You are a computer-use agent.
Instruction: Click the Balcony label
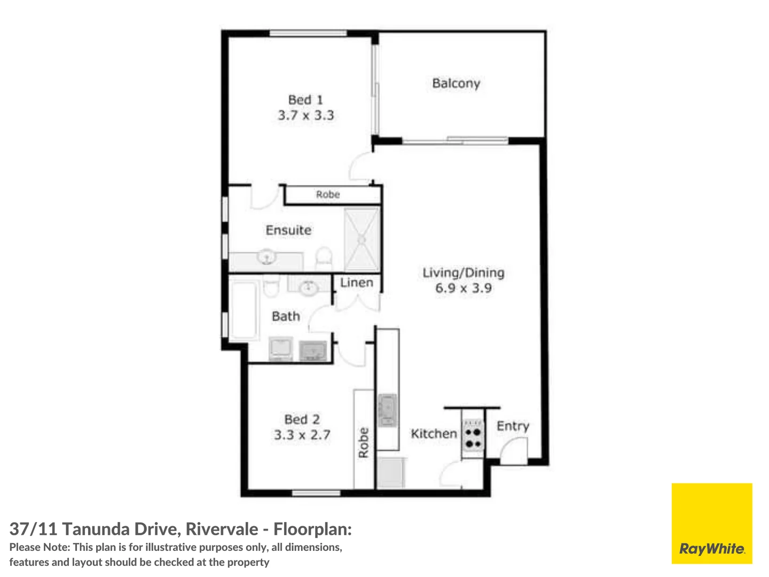point(456,83)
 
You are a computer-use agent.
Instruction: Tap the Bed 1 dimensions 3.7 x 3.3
point(305,115)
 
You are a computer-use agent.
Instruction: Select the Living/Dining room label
point(463,272)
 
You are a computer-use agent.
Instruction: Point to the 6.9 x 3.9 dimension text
point(463,288)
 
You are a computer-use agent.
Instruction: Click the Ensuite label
point(288,230)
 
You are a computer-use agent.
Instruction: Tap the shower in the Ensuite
point(362,239)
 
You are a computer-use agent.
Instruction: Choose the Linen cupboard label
point(357,283)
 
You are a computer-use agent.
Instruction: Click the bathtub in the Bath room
point(244,311)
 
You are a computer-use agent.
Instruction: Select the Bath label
point(286,316)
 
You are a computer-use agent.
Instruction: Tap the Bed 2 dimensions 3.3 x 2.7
point(302,435)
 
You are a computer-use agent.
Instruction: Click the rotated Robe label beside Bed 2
point(364,442)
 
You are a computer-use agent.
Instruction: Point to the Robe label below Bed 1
point(327,194)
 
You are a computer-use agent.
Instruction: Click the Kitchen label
point(434,434)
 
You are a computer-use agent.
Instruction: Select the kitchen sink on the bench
point(388,410)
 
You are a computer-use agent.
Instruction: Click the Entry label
point(513,426)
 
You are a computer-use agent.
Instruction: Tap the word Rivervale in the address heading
point(222,529)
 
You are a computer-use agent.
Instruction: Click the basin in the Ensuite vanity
point(266,258)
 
